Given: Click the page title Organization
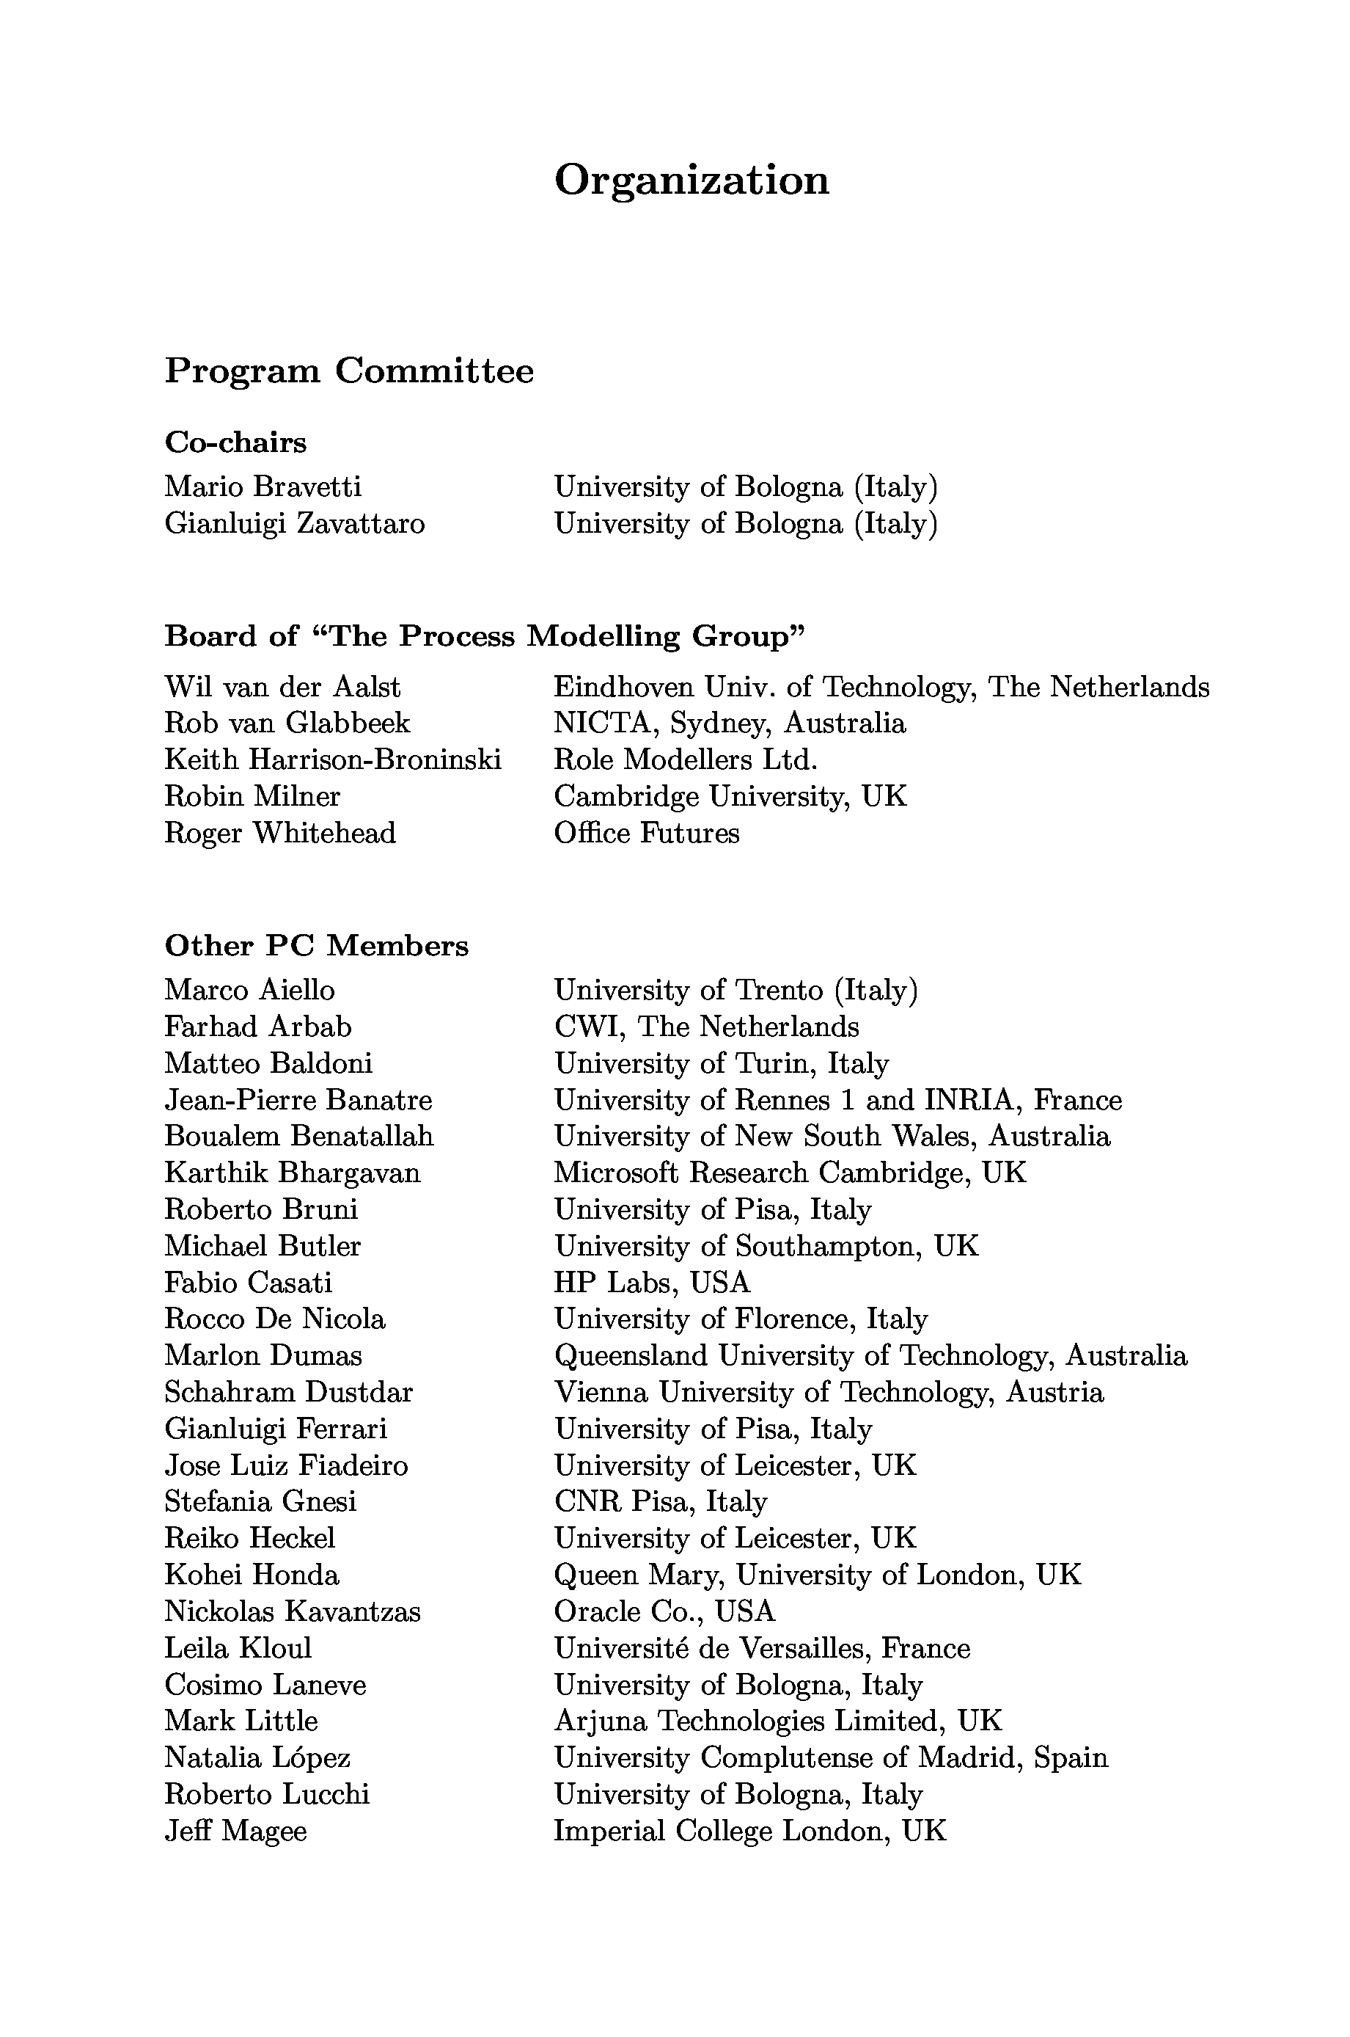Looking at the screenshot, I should pyautogui.click(x=691, y=181).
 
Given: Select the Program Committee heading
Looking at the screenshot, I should pyautogui.click(x=349, y=371).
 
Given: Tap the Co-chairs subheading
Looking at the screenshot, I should pyautogui.click(x=235, y=442).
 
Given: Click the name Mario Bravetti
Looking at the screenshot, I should pyautogui.click(x=263, y=487).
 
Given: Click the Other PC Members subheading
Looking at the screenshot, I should pyautogui.click(x=316, y=946).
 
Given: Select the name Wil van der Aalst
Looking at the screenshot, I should pyautogui.click(x=282, y=687).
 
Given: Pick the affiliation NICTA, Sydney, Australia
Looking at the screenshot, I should pyautogui.click(x=729, y=723).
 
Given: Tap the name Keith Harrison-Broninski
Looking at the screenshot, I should pyautogui.click(x=332, y=759).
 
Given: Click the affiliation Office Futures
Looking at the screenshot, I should pyautogui.click(x=646, y=833).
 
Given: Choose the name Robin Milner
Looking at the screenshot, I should pyautogui.click(x=252, y=796).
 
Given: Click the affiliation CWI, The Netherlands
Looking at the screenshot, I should pyautogui.click(x=706, y=1027).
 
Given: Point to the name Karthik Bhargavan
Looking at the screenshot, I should pyautogui.click(x=292, y=1173).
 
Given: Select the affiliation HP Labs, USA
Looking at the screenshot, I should pyautogui.click(x=652, y=1283).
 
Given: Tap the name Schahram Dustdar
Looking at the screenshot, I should pyautogui.click(x=288, y=1392).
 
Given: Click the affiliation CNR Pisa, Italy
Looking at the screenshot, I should pyautogui.click(x=661, y=1501).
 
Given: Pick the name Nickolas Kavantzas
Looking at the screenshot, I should pyautogui.click(x=292, y=1611).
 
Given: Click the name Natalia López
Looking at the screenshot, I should pyautogui.click(x=257, y=1757).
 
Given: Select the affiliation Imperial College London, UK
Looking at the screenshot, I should pyautogui.click(x=749, y=1830).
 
